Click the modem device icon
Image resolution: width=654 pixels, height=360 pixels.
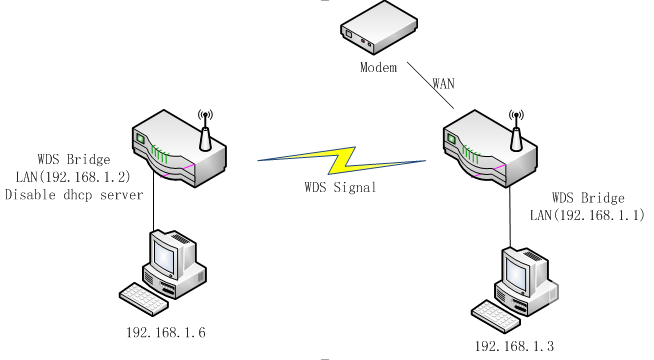tap(379, 28)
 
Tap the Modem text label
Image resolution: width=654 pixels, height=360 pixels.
tap(378, 67)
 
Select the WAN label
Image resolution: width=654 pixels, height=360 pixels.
tap(443, 83)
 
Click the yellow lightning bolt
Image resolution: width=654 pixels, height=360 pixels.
tap(342, 160)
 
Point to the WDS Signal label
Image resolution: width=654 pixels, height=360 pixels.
tap(340, 187)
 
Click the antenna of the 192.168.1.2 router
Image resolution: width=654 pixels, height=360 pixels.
tap(205, 130)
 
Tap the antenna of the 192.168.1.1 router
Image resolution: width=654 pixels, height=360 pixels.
tap(516, 130)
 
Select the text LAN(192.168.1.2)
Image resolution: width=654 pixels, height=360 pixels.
tap(73, 177)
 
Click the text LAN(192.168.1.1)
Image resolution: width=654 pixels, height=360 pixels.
tap(587, 215)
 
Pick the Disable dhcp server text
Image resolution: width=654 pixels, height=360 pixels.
tap(74, 195)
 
